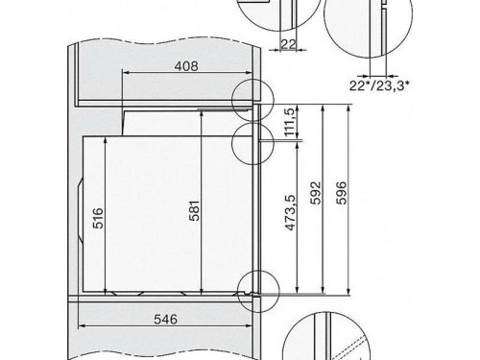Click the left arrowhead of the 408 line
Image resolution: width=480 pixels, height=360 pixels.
pos(126,80)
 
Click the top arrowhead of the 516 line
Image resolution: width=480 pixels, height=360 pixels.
pos(105,141)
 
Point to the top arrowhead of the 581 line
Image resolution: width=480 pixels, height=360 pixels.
pos(202,111)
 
